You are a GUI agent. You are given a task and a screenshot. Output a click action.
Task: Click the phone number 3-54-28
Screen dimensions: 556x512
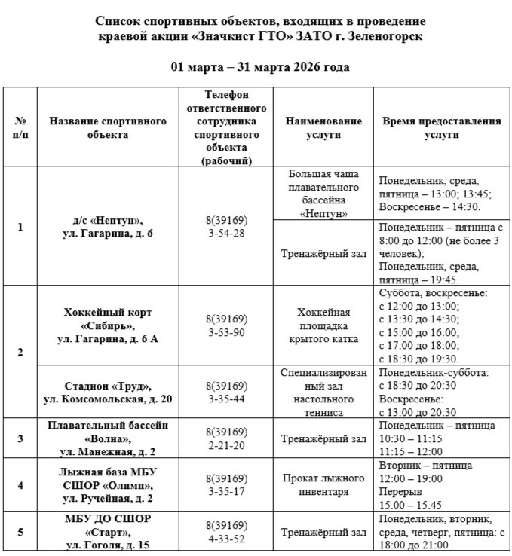coord(226,234)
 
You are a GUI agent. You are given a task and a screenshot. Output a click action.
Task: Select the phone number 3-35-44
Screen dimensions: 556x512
coord(226,399)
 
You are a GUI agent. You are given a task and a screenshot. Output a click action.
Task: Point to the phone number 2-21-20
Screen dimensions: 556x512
coord(226,445)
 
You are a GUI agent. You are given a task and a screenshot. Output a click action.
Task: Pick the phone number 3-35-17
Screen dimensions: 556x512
coord(226,491)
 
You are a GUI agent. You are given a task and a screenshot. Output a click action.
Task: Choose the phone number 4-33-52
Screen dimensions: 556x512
coord(226,539)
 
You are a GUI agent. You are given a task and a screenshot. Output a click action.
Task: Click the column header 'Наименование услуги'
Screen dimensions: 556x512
coord(323,127)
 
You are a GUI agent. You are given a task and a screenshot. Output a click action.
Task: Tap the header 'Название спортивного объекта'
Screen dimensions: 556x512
coord(107,127)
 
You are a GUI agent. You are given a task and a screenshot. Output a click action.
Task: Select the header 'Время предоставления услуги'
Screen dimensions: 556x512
coord(441,127)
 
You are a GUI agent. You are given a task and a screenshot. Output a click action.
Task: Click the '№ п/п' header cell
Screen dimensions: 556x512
coord(20,127)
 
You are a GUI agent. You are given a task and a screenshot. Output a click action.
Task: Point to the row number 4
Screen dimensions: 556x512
coord(20,485)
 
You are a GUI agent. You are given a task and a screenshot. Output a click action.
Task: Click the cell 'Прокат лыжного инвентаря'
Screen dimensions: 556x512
coord(323,485)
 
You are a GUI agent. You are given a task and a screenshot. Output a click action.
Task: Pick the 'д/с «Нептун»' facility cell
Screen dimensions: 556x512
coord(107,227)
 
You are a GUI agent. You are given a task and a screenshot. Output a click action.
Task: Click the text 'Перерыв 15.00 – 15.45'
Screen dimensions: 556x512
coord(411,498)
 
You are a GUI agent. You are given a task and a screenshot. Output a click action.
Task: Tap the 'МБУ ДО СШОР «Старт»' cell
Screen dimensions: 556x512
coord(107,532)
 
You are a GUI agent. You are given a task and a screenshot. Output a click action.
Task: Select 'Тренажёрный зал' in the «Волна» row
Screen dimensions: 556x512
coord(323,438)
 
